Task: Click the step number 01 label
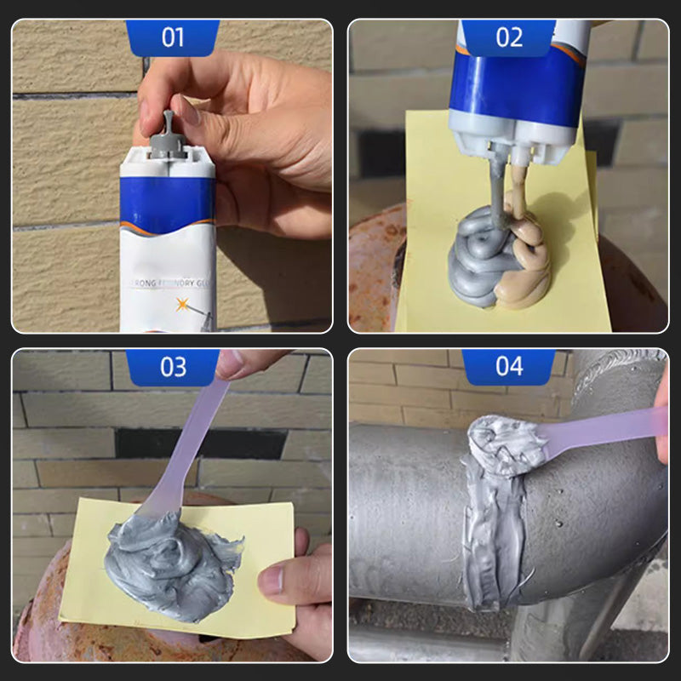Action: (x=173, y=37)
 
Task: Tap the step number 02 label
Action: (x=509, y=37)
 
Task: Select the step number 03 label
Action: (x=173, y=367)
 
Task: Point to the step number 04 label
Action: (x=509, y=367)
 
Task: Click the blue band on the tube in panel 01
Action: (x=167, y=205)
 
